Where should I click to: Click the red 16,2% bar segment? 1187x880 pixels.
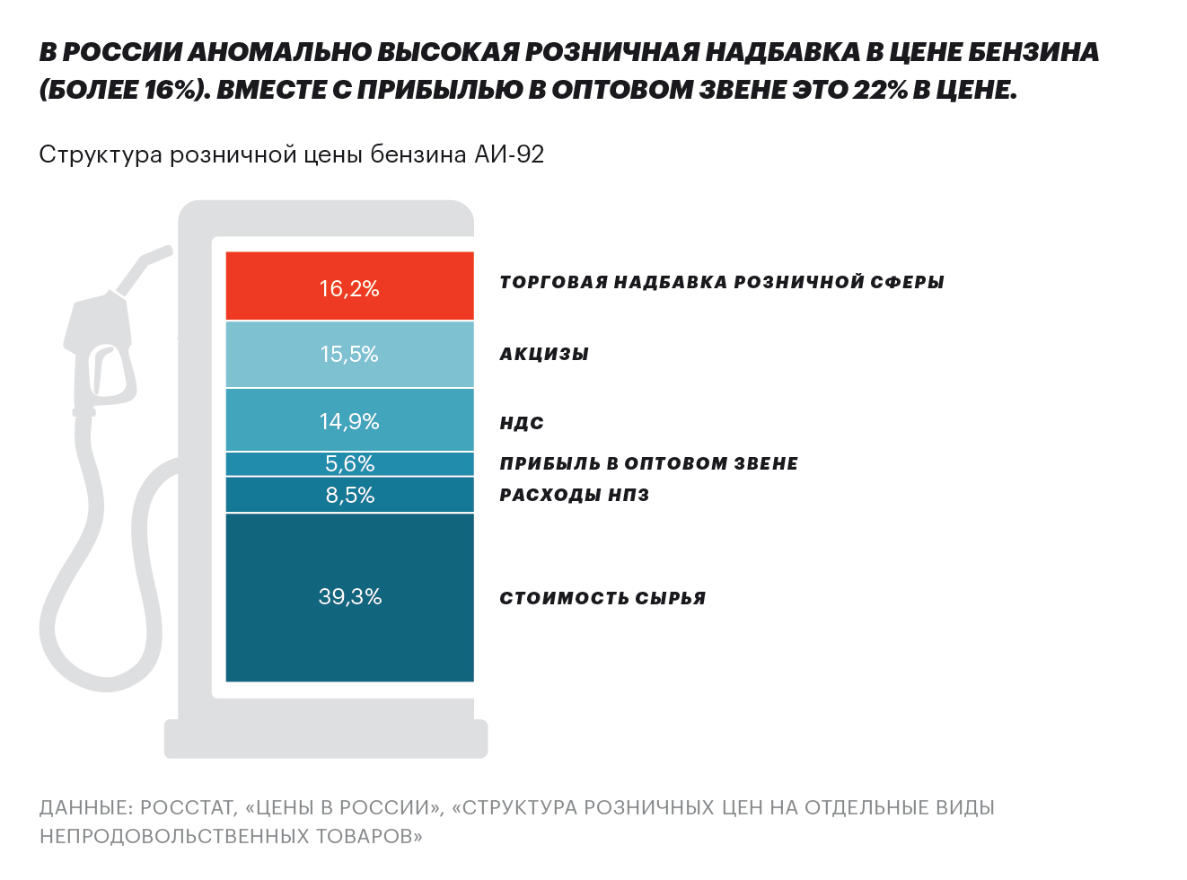(x=349, y=286)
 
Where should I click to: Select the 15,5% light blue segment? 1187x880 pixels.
(x=349, y=354)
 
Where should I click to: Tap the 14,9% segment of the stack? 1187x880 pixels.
(x=349, y=420)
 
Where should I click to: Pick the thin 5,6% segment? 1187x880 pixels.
(x=349, y=463)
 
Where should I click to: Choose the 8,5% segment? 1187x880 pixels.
(x=349, y=495)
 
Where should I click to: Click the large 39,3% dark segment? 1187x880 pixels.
(x=349, y=597)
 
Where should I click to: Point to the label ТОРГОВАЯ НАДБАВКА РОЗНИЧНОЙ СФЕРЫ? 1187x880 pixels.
(x=721, y=282)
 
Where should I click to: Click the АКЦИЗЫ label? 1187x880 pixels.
(x=544, y=354)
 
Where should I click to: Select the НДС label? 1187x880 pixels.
(x=522, y=423)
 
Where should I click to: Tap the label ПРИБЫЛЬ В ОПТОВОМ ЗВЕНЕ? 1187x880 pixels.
(x=648, y=463)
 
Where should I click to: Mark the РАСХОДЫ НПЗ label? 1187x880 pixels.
(x=574, y=495)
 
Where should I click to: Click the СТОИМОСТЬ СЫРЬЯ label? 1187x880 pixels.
(x=602, y=598)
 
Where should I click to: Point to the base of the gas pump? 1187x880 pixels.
(x=326, y=738)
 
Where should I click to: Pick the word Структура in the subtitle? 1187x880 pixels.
(x=101, y=154)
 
